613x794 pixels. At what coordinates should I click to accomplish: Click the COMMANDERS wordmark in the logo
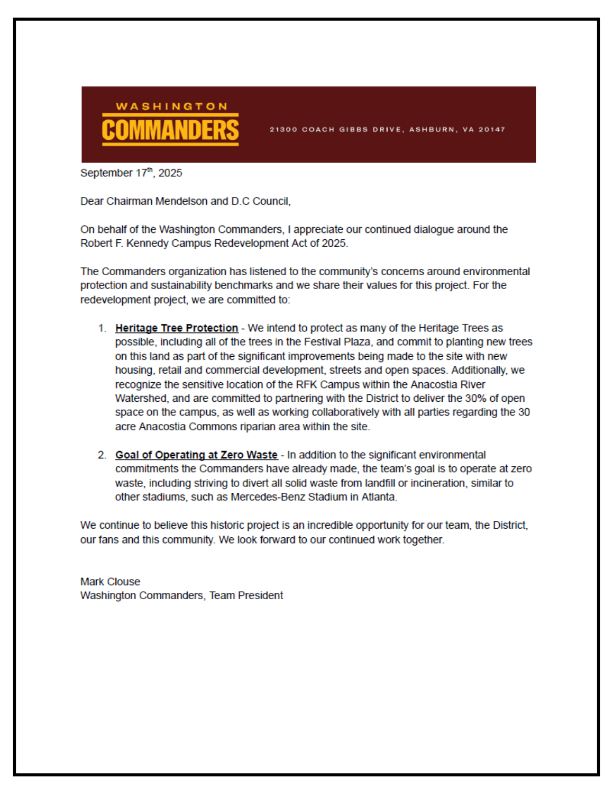pyautogui.click(x=170, y=130)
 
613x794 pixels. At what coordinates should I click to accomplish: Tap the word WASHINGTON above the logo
pyautogui.click(x=171, y=106)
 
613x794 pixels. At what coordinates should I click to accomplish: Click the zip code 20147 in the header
pyautogui.click(x=492, y=129)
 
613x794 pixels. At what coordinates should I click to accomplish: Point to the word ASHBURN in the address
pyautogui.click(x=433, y=129)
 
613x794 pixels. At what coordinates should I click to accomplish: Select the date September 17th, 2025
pyautogui.click(x=131, y=173)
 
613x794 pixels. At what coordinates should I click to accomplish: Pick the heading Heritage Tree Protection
pyautogui.click(x=177, y=328)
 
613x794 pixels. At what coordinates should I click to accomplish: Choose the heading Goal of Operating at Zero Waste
pyautogui.click(x=196, y=455)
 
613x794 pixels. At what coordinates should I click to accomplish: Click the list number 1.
pyautogui.click(x=102, y=328)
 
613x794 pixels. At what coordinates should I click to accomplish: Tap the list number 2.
pyautogui.click(x=102, y=455)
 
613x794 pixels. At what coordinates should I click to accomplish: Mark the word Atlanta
pyautogui.click(x=378, y=497)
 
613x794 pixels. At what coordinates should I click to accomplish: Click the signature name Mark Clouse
pyautogui.click(x=110, y=582)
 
